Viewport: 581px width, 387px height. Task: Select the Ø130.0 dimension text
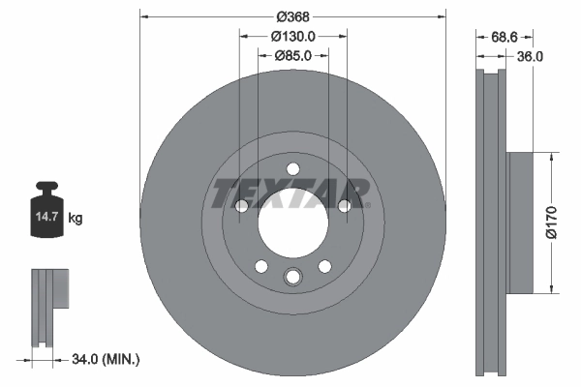(x=292, y=36)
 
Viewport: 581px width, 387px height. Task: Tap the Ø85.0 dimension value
(x=292, y=55)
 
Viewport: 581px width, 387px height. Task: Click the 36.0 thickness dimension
(x=529, y=56)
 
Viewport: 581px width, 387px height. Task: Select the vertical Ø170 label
(x=550, y=221)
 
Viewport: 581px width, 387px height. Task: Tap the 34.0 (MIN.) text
(x=106, y=359)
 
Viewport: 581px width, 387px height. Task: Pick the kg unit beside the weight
(x=76, y=219)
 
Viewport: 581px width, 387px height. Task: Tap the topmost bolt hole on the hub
(x=292, y=171)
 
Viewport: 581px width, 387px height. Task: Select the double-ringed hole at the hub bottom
(x=292, y=279)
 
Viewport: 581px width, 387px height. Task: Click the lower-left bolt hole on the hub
(x=260, y=266)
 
